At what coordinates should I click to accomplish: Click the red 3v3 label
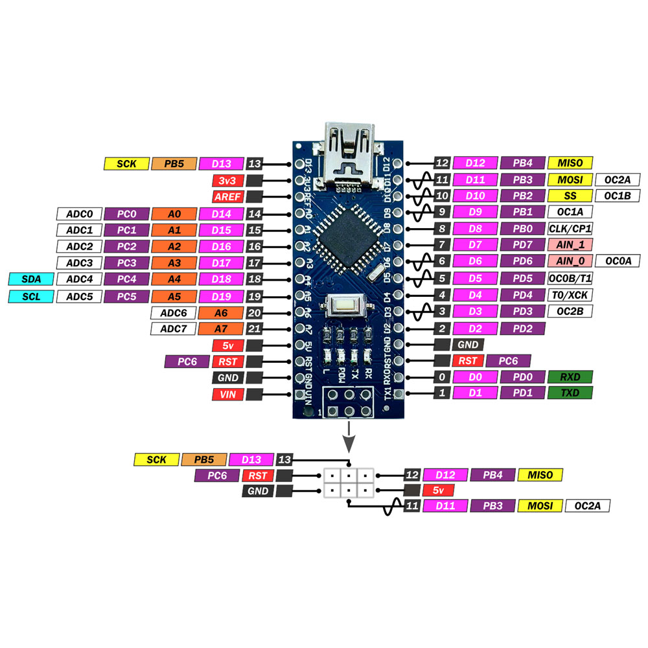click(227, 181)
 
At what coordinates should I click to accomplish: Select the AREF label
click(227, 197)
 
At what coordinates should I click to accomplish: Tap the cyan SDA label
click(31, 279)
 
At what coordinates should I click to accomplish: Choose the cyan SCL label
click(31, 296)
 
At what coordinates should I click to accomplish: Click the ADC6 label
click(173, 313)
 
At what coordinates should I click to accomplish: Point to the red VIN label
click(227, 394)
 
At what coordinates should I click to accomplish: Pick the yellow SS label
click(570, 196)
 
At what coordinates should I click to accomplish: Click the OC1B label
click(618, 196)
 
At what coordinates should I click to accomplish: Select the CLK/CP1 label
click(570, 229)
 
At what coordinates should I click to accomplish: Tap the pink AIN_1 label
click(570, 245)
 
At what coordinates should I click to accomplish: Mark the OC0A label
click(618, 260)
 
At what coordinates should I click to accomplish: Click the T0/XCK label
click(570, 295)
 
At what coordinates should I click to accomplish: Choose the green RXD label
click(570, 377)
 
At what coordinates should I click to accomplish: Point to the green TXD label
click(570, 393)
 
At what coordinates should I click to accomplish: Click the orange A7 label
click(221, 329)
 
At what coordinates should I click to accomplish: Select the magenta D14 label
click(221, 214)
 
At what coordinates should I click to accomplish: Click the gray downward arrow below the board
click(349, 437)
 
